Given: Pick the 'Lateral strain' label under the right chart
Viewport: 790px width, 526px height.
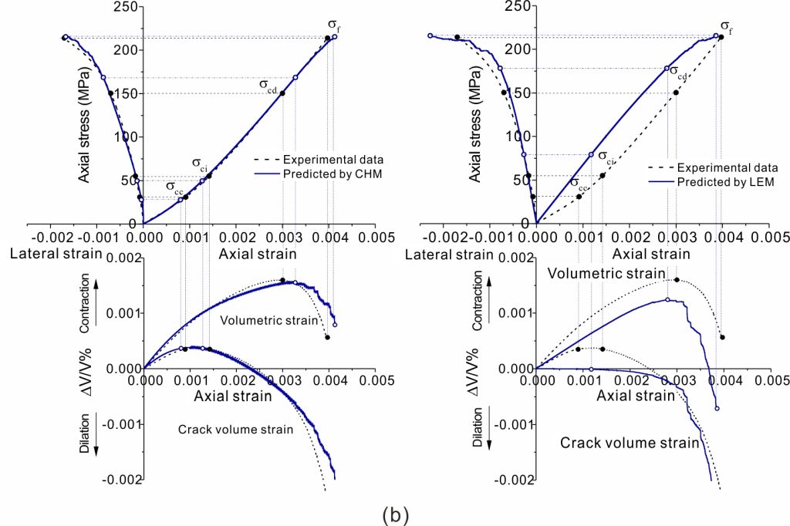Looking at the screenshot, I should click(x=449, y=255).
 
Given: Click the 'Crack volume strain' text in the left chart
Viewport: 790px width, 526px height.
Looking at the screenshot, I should click(x=235, y=430).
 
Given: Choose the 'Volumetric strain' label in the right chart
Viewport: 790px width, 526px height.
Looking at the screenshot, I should click(x=606, y=273).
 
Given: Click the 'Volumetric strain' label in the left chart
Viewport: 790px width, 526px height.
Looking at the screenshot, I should click(x=259, y=320).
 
